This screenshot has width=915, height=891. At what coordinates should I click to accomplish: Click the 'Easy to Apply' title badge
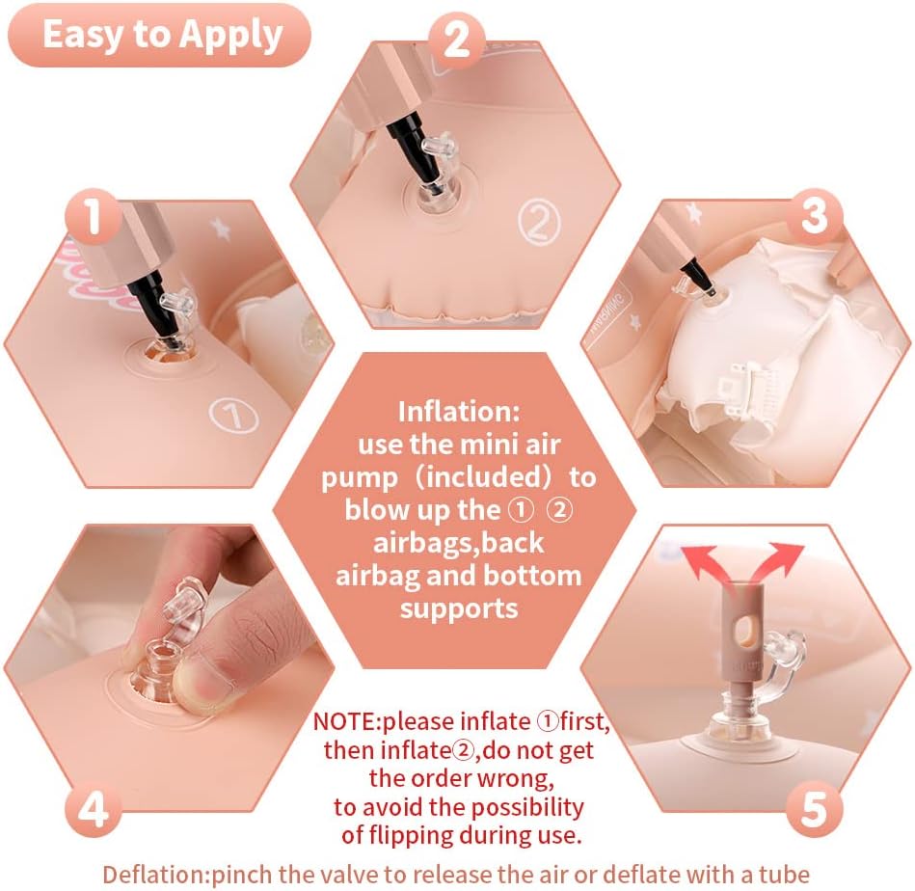click(x=159, y=35)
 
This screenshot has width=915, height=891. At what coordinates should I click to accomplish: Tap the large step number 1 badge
click(x=94, y=216)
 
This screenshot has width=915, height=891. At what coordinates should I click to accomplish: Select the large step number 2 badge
click(x=457, y=40)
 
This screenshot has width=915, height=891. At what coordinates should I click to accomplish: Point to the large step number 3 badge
click(x=815, y=216)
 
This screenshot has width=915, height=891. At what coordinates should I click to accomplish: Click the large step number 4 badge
click(x=94, y=809)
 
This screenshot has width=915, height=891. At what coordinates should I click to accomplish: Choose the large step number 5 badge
click(x=815, y=809)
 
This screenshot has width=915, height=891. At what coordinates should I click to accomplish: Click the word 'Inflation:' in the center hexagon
click(x=459, y=412)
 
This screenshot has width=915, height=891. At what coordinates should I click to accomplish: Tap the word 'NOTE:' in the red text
click(x=347, y=722)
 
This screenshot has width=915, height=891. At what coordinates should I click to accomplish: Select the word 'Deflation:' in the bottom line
click(x=156, y=875)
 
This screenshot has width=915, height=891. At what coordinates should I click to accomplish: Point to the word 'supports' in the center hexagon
click(x=459, y=609)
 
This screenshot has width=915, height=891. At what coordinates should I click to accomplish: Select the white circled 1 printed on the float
click(x=233, y=416)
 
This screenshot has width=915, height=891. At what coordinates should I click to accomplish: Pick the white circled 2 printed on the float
click(x=539, y=222)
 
